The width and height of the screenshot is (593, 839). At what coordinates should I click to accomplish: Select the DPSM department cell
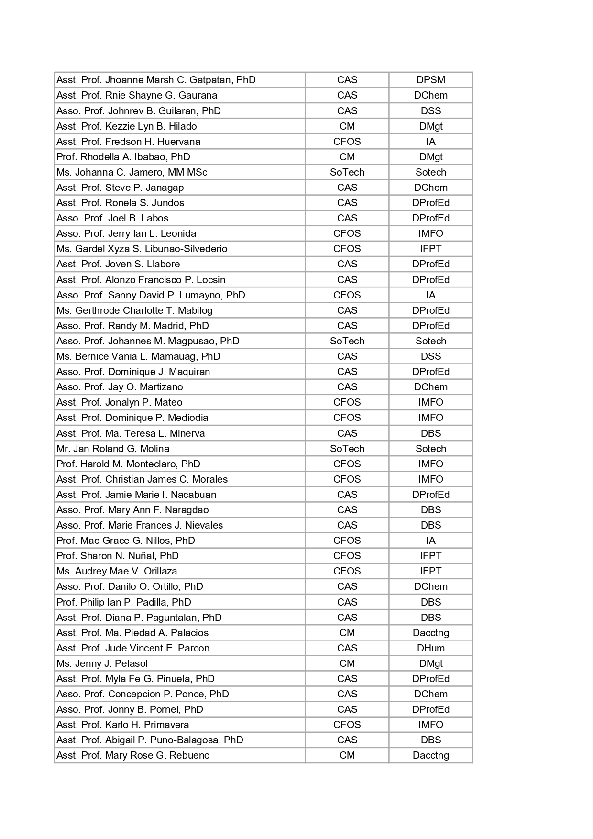click(x=430, y=80)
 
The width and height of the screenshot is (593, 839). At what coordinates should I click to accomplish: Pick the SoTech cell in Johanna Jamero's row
click(x=347, y=172)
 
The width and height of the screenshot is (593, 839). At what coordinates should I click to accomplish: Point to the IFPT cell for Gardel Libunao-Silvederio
click(x=430, y=249)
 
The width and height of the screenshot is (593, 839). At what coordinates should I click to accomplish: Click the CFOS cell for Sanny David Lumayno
click(x=347, y=295)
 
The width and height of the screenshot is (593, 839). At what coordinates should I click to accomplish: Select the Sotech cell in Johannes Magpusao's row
click(x=430, y=341)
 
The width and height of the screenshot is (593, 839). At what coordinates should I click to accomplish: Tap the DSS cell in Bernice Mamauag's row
click(x=430, y=356)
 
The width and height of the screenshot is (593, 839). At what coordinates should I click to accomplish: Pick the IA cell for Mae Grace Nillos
click(x=430, y=541)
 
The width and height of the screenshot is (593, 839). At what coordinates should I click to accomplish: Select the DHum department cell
click(x=430, y=648)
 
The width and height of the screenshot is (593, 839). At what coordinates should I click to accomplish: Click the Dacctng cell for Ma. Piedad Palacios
click(x=430, y=633)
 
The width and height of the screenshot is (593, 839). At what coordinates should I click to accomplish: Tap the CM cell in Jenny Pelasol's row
click(x=347, y=663)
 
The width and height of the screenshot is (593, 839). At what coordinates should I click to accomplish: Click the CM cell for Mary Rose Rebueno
click(x=347, y=755)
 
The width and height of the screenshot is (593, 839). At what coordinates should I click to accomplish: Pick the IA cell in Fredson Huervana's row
click(x=430, y=142)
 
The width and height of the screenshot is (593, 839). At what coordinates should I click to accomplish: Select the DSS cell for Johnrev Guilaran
click(x=430, y=111)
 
